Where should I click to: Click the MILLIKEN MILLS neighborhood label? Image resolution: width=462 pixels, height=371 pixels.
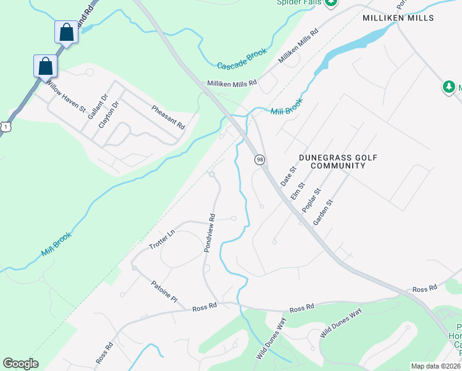click(398, 18)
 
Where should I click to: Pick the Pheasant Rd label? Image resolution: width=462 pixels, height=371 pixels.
click(169, 116)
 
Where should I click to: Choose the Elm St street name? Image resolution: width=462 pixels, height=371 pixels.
click(298, 190)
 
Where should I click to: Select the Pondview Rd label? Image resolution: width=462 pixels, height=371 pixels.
click(209, 233)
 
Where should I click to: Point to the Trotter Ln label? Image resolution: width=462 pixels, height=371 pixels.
click(162, 239)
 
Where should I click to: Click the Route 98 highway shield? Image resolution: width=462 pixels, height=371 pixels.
click(260, 160)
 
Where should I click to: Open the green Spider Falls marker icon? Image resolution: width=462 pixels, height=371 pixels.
click(331, 2)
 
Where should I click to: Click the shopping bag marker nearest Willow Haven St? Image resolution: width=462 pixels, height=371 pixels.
click(45, 65)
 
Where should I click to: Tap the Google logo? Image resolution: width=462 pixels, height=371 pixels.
click(20, 364)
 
